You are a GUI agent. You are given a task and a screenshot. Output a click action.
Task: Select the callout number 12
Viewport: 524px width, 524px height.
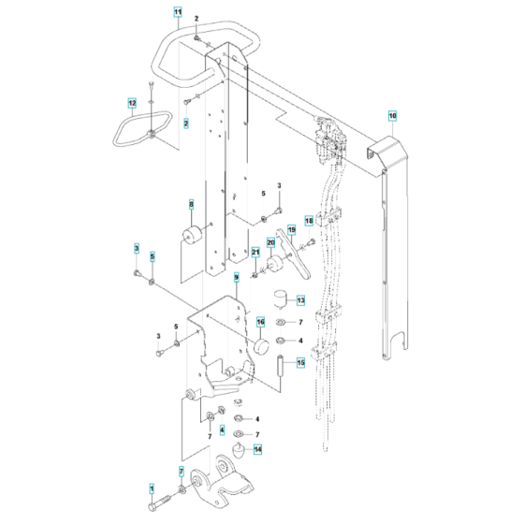132,102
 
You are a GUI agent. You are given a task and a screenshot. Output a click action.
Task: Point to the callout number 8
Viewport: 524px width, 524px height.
191,203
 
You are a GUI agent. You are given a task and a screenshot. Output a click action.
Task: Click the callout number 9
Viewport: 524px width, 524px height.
237,278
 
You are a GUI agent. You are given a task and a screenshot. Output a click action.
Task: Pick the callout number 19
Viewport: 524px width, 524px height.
291,229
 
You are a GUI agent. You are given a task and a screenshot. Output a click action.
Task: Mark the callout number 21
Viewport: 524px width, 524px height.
255,251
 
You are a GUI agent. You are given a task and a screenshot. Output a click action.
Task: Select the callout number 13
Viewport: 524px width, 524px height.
300,300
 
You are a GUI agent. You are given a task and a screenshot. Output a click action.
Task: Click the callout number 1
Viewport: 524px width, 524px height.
149,488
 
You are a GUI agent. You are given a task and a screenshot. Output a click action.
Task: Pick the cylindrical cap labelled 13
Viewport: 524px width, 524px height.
278,300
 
